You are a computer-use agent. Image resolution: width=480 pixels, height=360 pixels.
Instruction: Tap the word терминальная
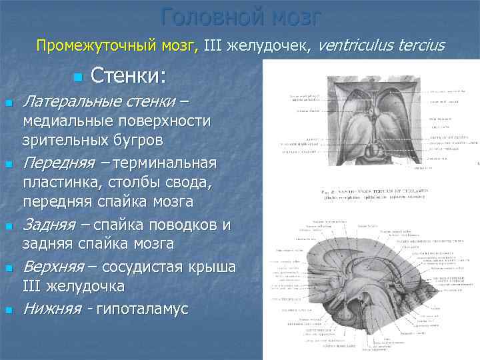[165, 163]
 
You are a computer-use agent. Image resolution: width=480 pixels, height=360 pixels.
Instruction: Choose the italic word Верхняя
[53, 267]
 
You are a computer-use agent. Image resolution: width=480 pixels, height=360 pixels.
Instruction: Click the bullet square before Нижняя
[8, 310]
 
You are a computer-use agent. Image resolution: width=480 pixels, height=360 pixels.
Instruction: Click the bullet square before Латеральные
[8, 103]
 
